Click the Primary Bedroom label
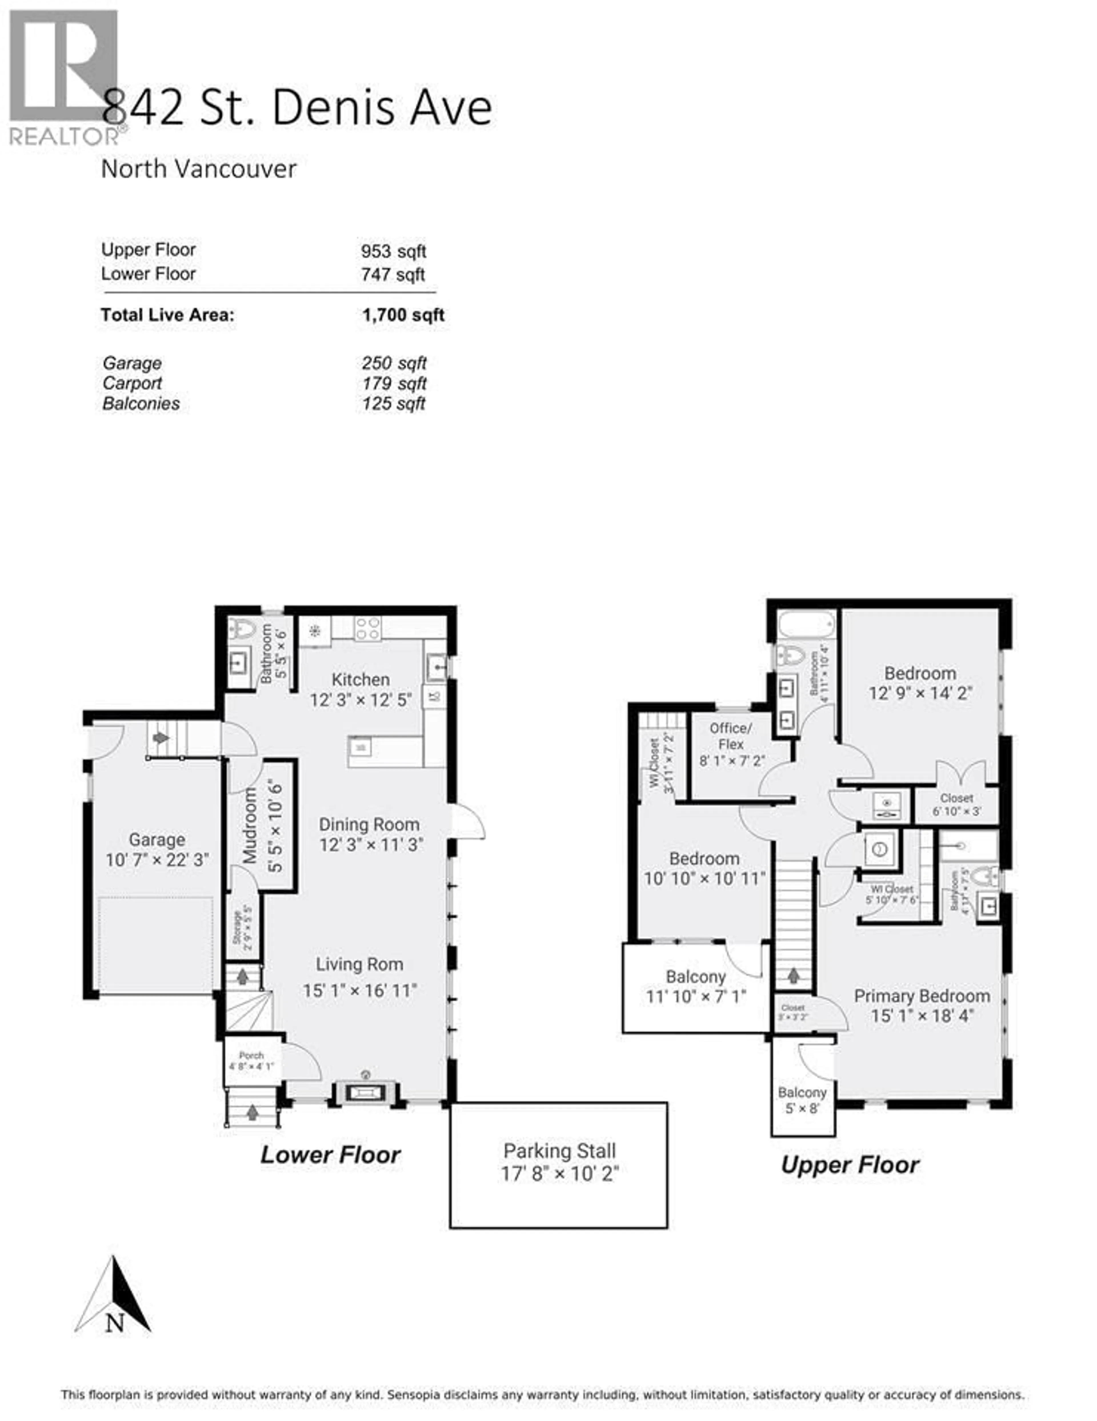(x=921, y=995)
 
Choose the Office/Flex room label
(x=731, y=736)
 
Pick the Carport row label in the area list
(x=132, y=383)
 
